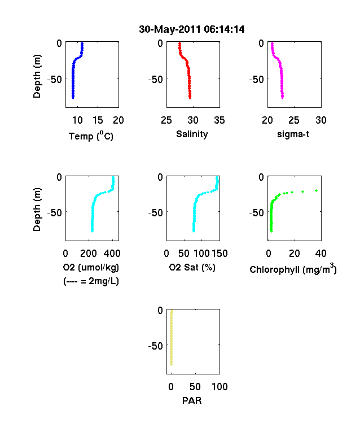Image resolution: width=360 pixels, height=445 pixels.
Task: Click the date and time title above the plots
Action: click(x=192, y=29)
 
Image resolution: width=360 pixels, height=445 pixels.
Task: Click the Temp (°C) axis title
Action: click(x=91, y=136)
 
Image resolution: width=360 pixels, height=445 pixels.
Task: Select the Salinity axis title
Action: click(x=192, y=134)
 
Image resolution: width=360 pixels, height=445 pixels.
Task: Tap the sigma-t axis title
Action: click(x=293, y=134)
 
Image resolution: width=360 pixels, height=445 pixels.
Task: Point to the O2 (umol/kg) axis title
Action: click(x=91, y=267)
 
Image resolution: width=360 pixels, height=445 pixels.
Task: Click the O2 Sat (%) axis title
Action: click(x=192, y=267)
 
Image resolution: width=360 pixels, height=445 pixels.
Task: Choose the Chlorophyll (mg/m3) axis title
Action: click(x=293, y=268)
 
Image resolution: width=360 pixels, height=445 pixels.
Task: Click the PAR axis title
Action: click(x=192, y=400)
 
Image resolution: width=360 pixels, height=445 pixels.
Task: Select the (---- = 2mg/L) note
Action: click(x=91, y=281)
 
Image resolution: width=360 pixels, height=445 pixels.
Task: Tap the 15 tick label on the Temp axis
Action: click(x=98, y=120)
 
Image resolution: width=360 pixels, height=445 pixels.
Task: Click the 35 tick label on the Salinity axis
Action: click(x=219, y=120)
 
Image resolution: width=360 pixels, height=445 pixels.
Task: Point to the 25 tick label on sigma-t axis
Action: click(x=293, y=120)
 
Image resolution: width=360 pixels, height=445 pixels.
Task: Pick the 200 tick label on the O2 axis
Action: click(x=89, y=254)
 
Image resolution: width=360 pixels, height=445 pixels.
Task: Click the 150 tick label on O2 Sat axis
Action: click(x=219, y=254)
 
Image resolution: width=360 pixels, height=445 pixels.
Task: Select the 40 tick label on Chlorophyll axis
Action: click(x=321, y=254)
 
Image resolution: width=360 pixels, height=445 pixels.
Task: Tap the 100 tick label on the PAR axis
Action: click(x=219, y=386)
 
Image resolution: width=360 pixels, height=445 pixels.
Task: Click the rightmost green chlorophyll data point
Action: click(x=317, y=191)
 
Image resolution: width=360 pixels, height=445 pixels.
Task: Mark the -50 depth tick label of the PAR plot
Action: click(x=156, y=346)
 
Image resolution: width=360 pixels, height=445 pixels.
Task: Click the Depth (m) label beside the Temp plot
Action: click(x=37, y=76)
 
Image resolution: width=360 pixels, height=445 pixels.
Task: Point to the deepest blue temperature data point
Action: click(x=73, y=98)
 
